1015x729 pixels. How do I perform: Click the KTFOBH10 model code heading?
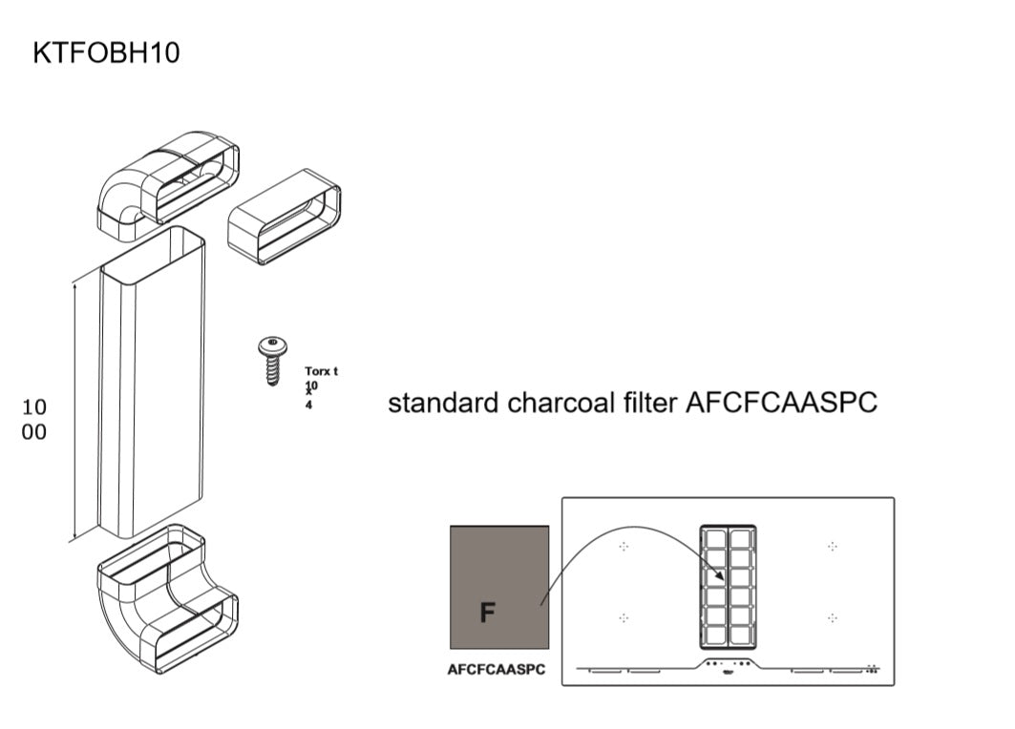tap(106, 52)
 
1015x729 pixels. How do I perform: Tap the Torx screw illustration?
tap(272, 360)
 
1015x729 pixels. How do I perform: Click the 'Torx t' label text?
tap(322, 371)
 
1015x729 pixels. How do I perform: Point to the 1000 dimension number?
tap(33, 419)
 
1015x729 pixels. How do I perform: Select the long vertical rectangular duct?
tap(153, 382)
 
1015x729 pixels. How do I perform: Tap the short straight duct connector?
tap(285, 216)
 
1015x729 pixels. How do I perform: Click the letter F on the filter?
tap(487, 612)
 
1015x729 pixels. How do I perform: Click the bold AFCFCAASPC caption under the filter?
tap(497, 670)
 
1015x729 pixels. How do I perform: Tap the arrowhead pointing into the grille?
tap(720, 577)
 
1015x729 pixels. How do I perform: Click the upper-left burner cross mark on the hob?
tap(624, 547)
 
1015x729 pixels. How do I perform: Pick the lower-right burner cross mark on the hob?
tap(833, 617)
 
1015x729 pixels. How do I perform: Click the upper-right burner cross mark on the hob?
tap(833, 547)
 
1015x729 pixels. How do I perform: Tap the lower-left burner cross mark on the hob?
tap(624, 617)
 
